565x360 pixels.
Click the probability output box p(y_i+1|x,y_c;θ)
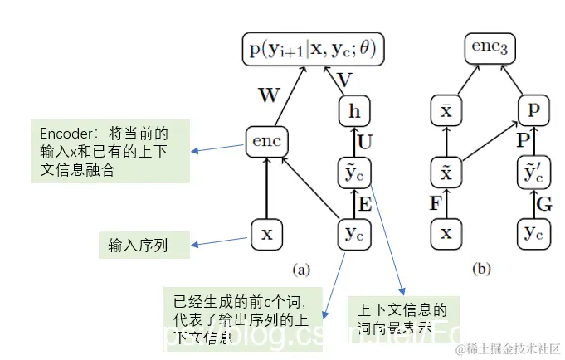click(312, 49)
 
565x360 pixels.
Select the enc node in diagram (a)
click(266, 142)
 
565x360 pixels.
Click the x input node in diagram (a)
click(266, 233)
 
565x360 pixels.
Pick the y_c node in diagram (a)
click(353, 233)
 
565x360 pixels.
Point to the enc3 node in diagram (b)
click(490, 49)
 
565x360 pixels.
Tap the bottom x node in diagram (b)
click(446, 233)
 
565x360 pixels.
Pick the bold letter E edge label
click(363, 203)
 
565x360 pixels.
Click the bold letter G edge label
click(544, 203)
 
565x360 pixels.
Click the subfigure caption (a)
click(300, 269)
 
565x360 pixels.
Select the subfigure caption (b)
click(480, 269)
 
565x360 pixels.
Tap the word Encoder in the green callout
click(65, 133)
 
